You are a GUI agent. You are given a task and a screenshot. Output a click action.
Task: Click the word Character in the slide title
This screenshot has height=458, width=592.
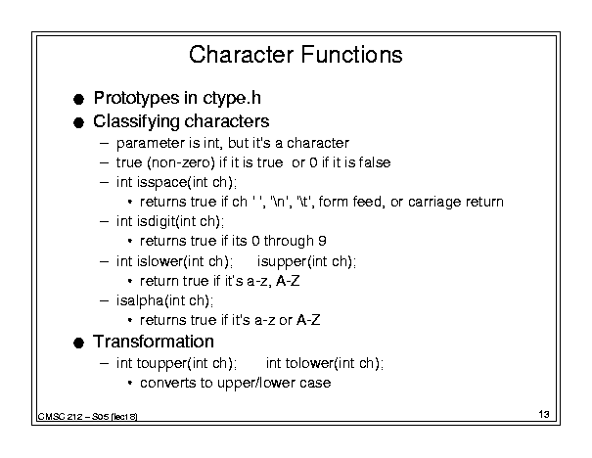[x=241, y=55]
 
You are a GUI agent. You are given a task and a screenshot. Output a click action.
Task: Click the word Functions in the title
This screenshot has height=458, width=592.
[x=352, y=55]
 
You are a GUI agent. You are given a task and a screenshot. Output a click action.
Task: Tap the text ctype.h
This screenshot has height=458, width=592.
[x=232, y=99]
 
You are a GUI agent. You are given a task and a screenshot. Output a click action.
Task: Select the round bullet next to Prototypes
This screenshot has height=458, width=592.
[x=78, y=99]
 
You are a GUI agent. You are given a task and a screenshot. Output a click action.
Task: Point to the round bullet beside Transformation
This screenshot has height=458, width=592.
[x=78, y=343]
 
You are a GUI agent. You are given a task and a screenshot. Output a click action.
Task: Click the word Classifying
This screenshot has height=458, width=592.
[x=136, y=122]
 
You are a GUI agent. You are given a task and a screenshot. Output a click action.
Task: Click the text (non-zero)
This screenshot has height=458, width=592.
[x=181, y=162]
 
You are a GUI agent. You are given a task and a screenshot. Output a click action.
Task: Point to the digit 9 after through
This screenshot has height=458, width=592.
[x=322, y=241]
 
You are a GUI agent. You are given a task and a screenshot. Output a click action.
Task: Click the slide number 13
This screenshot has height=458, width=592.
[x=544, y=414]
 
